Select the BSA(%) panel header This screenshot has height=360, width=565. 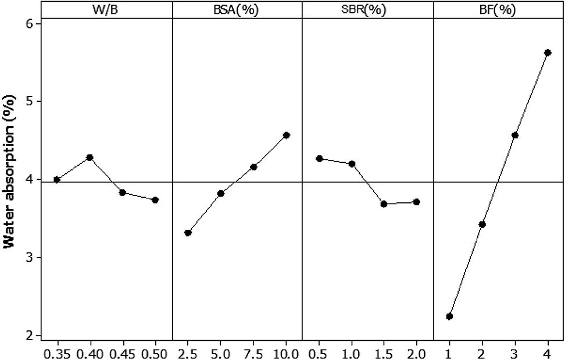coord(237,10)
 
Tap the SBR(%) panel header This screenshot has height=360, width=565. coord(367,10)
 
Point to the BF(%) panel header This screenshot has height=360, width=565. coord(498,10)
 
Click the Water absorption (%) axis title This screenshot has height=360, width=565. coord(9,180)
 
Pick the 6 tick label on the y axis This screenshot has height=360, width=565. coord(29,24)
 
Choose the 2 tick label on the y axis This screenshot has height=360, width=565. coord(29,336)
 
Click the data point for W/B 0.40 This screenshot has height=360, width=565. coord(90,158)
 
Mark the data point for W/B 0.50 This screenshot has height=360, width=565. coord(155,200)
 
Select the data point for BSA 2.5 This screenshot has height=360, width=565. coord(188,233)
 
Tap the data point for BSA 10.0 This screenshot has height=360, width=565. coord(286,136)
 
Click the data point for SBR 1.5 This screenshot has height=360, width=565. coord(384,204)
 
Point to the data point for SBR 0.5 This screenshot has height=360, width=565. coord(319,159)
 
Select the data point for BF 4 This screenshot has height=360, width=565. coord(548,53)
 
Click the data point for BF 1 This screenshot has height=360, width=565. coord(449,316)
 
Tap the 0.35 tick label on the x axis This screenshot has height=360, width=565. coord(56,352)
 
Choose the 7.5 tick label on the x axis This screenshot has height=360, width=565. coord(253,352)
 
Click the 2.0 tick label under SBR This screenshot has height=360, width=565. coord(416,352)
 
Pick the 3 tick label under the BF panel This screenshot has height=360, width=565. coord(514,352)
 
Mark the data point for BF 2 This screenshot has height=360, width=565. coord(482,224)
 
